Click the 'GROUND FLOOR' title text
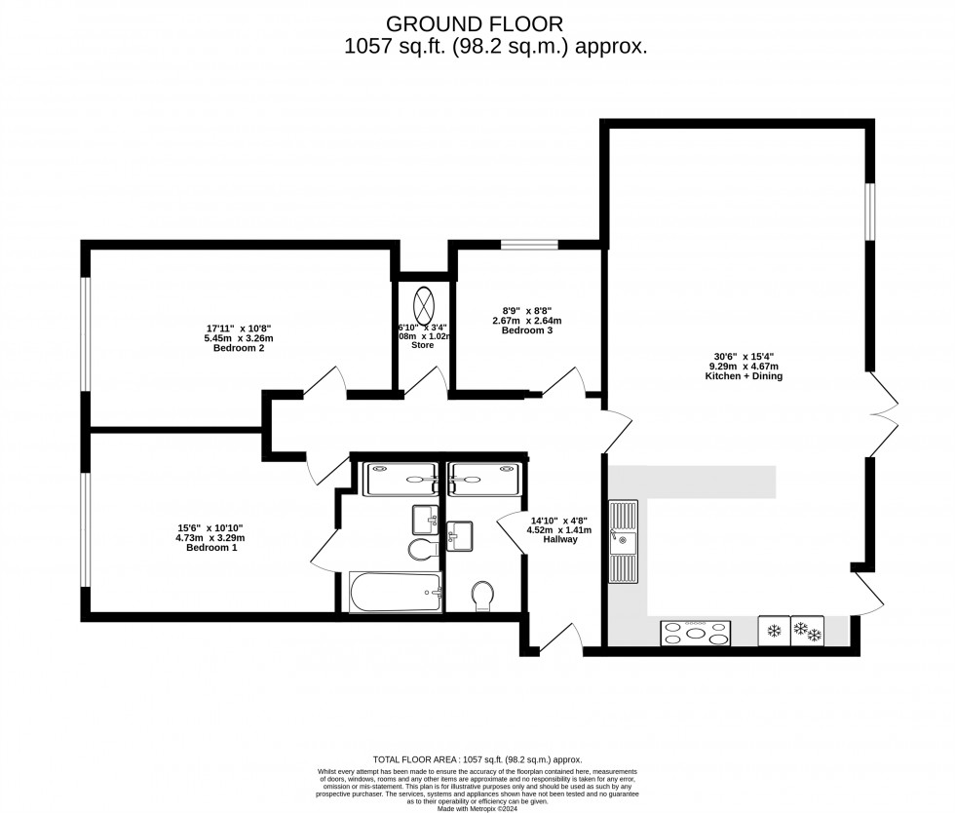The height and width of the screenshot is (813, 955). click(475, 22)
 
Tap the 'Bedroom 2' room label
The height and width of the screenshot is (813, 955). click(239, 348)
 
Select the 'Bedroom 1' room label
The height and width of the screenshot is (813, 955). click(211, 548)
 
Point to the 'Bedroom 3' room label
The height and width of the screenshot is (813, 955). click(527, 330)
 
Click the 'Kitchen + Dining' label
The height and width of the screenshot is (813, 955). click(746, 375)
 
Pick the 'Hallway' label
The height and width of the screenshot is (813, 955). click(560, 539)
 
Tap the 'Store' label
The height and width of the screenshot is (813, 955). click(422, 344)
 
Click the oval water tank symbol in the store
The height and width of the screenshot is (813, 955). click(425, 299)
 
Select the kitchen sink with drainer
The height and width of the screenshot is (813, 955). click(623, 541)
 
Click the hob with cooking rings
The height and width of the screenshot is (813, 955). click(696, 633)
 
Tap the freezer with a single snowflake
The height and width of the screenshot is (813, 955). click(775, 631)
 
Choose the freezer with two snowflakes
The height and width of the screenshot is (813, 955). click(808, 631)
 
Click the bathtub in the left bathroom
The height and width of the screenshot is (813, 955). click(396, 592)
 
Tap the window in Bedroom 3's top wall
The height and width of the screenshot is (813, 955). click(530, 244)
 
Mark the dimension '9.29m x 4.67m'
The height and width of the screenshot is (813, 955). click(746, 366)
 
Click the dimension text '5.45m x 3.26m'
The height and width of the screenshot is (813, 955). click(239, 338)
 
